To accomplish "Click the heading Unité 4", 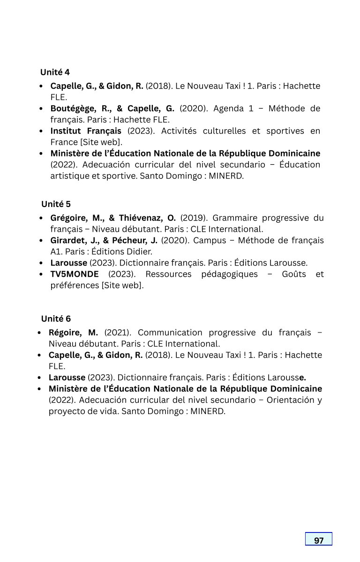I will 55,72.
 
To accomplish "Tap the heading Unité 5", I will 56,204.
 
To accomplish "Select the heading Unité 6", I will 56,319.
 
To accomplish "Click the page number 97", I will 319,540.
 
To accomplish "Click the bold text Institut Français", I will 86,131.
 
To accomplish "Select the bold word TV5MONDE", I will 75,274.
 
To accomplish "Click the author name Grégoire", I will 70,218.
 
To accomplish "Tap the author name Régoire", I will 65,333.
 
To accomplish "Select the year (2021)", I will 118,333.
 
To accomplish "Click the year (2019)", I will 194,218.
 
